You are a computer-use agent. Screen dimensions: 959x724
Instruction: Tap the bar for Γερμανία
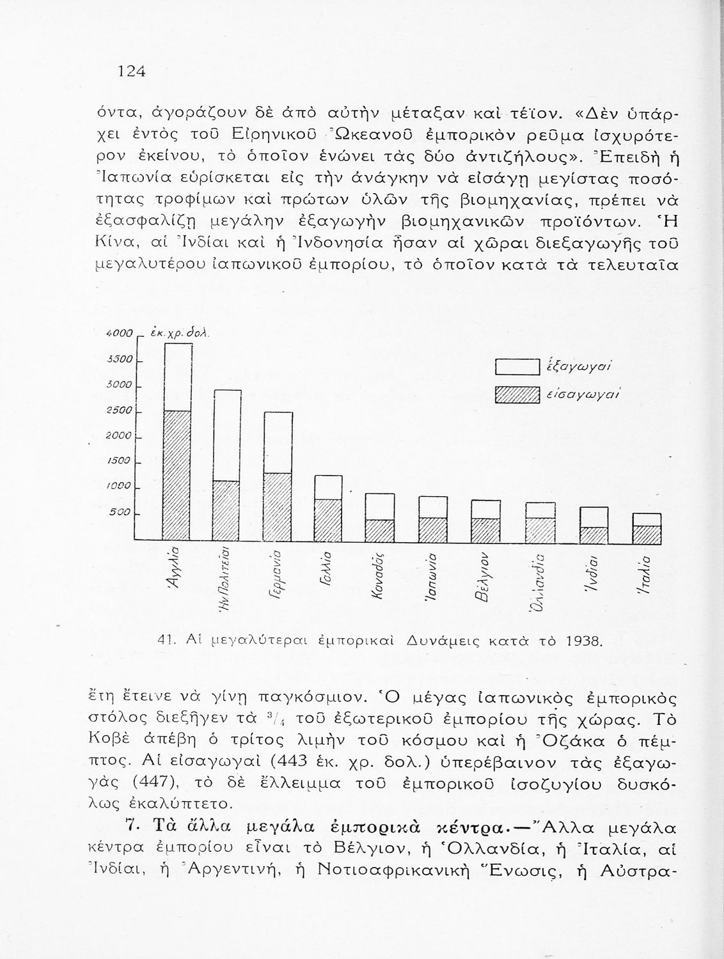[279, 476]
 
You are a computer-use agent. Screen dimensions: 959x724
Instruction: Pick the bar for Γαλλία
[328, 508]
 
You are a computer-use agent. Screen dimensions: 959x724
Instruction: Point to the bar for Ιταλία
[646, 528]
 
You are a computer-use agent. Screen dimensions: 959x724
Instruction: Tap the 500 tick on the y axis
[122, 512]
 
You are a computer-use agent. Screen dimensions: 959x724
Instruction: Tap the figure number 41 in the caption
[164, 639]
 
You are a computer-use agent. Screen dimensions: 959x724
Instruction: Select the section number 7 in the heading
[132, 827]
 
